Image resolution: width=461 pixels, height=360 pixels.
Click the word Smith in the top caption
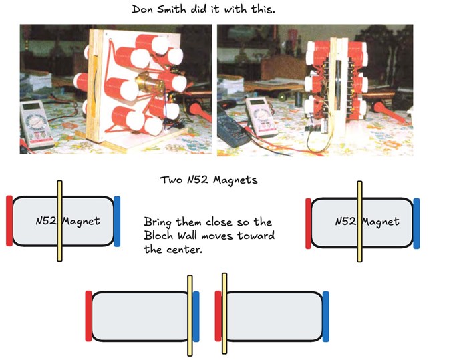[172, 9]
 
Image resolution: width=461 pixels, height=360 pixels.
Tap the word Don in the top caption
[143, 9]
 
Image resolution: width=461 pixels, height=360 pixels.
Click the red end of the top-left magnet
[9, 220]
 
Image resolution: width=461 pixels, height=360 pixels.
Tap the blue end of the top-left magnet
[117, 221]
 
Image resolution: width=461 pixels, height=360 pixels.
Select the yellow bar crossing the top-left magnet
[59, 221]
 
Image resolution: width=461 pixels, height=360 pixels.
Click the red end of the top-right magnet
[308, 224]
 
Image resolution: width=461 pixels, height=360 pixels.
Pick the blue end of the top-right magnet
[416, 224]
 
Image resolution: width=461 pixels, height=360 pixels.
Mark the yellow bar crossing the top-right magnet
[359, 222]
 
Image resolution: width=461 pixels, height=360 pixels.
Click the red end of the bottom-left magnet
[88, 316]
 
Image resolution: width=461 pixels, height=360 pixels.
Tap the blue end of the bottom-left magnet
[196, 316]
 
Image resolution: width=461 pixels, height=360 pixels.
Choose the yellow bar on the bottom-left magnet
[190, 316]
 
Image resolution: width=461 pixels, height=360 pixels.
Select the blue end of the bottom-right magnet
[325, 316]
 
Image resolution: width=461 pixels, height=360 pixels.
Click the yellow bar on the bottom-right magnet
[224, 313]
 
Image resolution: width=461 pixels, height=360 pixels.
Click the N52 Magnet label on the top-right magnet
[367, 222]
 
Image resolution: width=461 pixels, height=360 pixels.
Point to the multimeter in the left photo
[36, 125]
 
